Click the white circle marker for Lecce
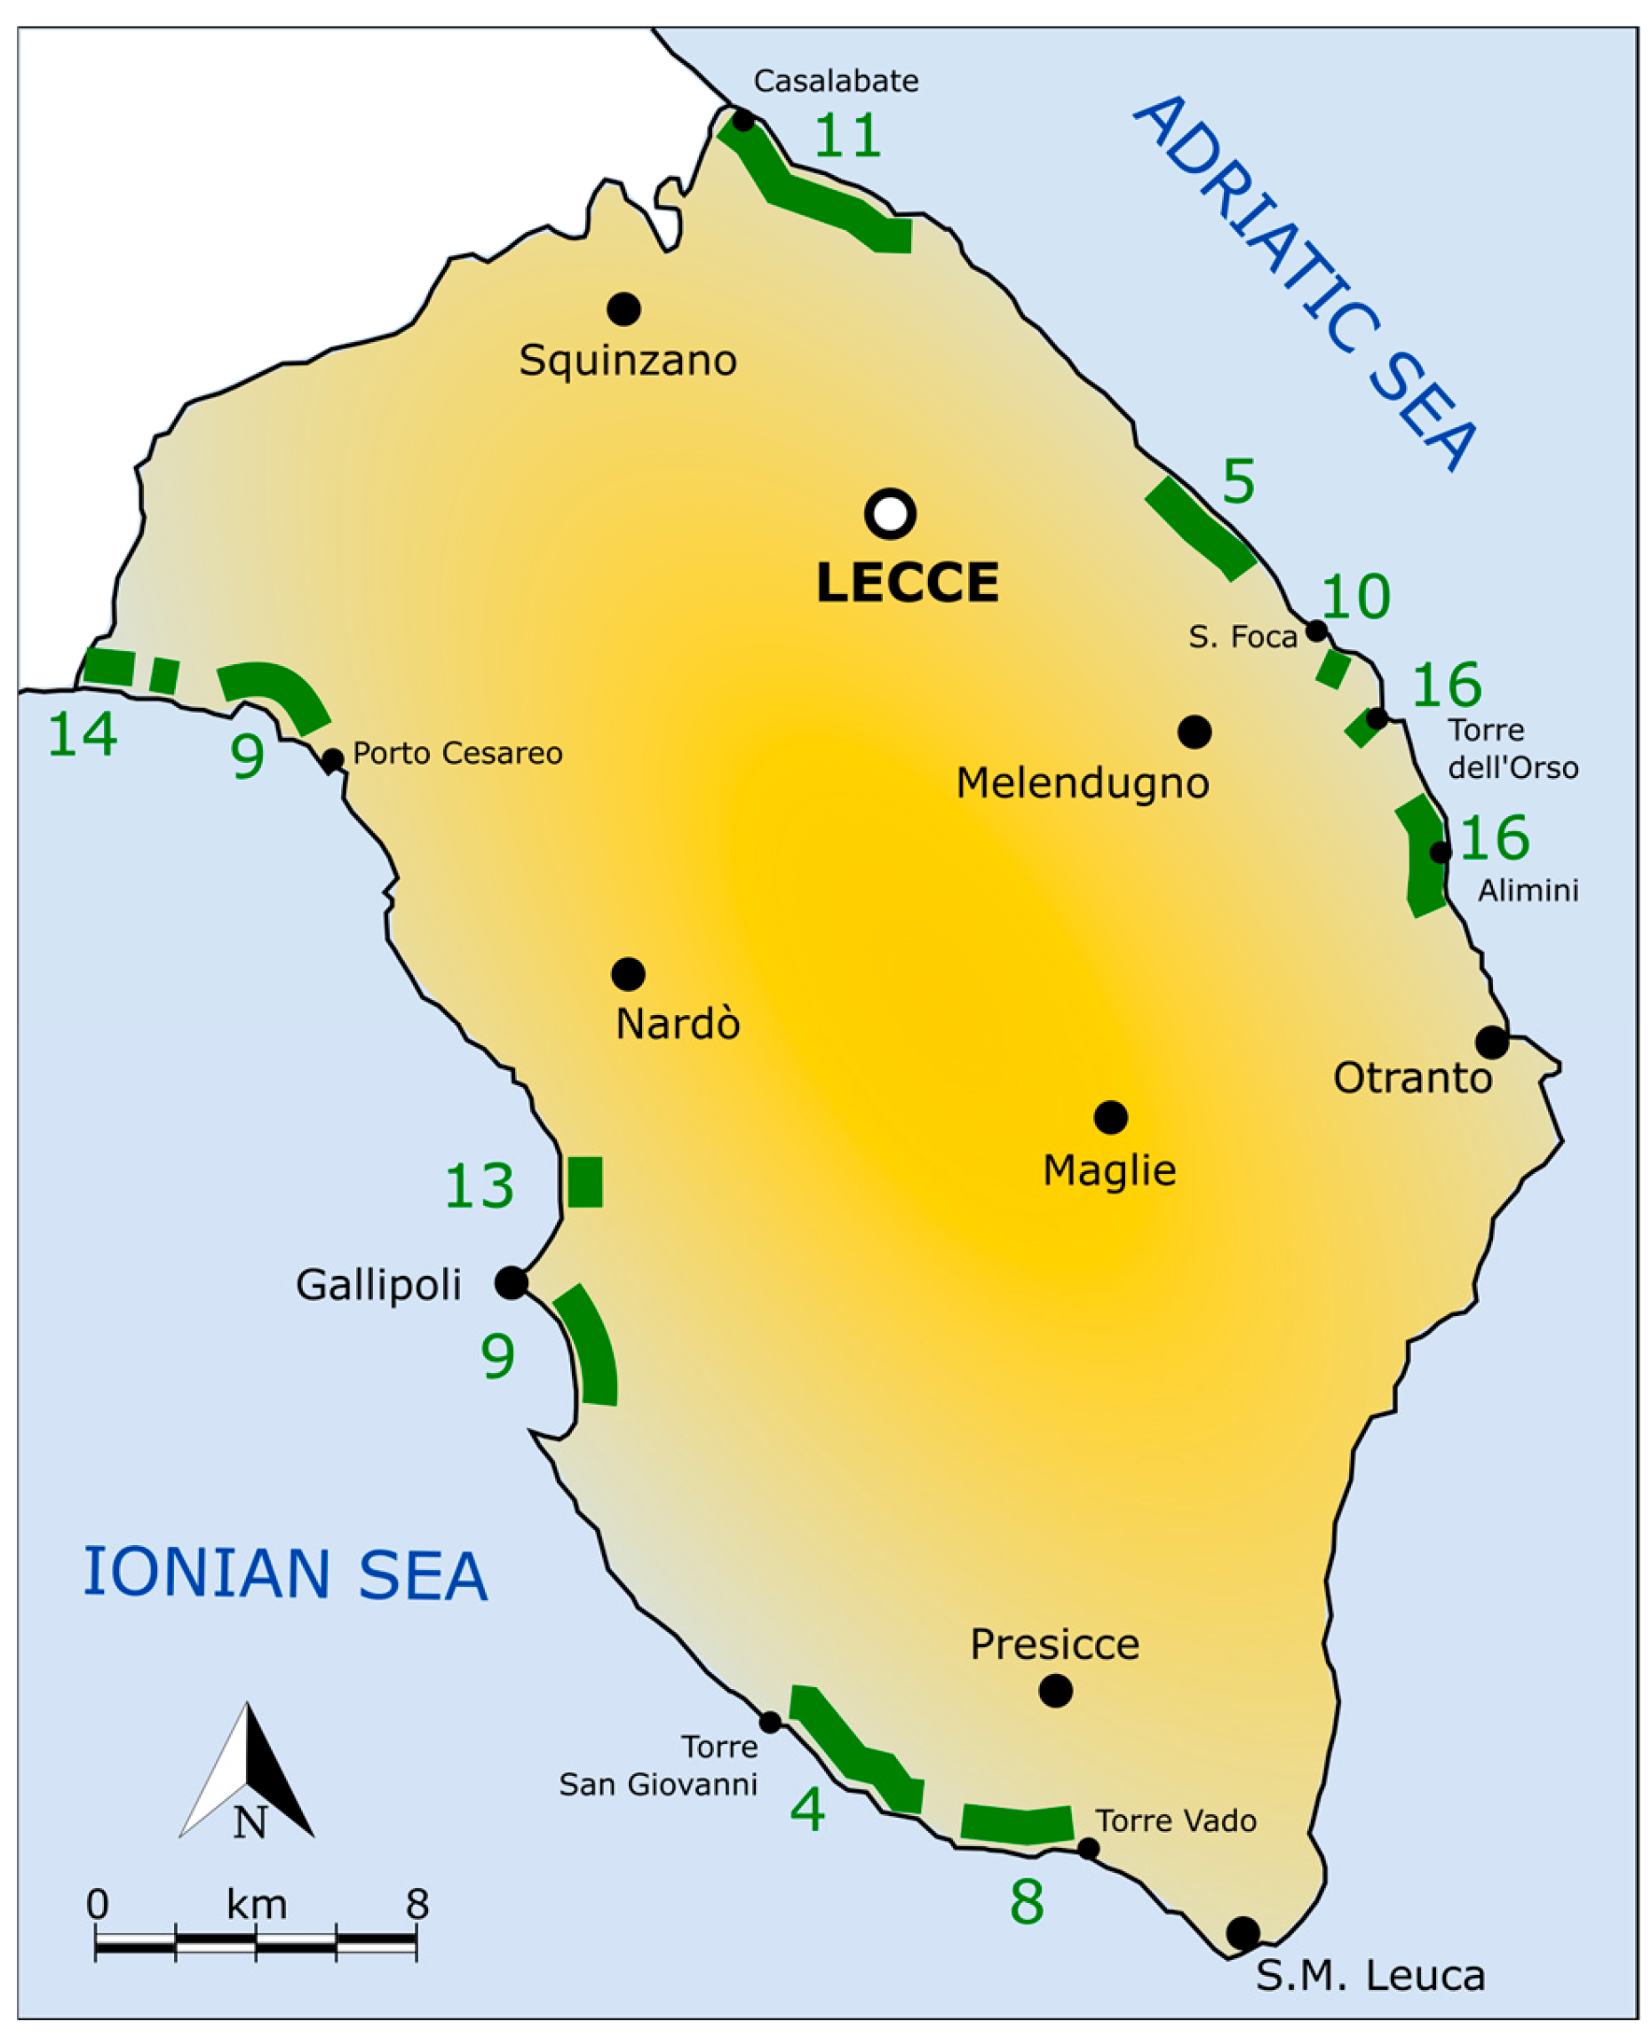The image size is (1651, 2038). tap(890, 513)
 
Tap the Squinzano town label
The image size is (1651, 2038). tap(628, 361)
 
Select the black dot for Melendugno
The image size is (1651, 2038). tap(1194, 732)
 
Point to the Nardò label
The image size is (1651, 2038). tap(677, 1024)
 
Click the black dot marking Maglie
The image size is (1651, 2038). tap(1110, 1116)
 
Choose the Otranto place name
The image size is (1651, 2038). tap(1411, 1078)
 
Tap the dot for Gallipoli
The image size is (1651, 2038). tap(511, 1283)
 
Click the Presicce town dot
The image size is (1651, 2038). tap(1055, 1691)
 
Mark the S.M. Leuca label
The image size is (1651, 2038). tap(1369, 1976)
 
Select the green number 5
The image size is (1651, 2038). tap(1238, 482)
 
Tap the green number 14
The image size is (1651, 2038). tap(83, 734)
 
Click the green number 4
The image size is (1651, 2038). tap(807, 1809)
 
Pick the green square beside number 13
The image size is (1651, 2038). tap(585, 1182)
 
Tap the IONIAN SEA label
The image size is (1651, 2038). tap(285, 1574)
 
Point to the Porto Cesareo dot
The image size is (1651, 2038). tap(332, 760)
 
